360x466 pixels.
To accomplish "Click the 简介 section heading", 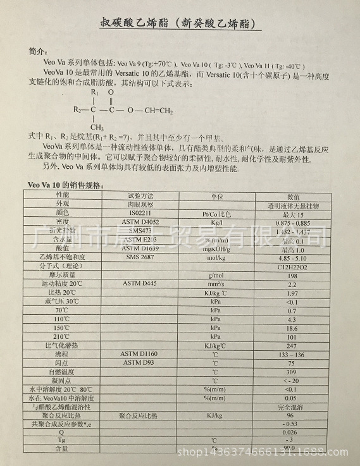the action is tap(37, 50).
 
